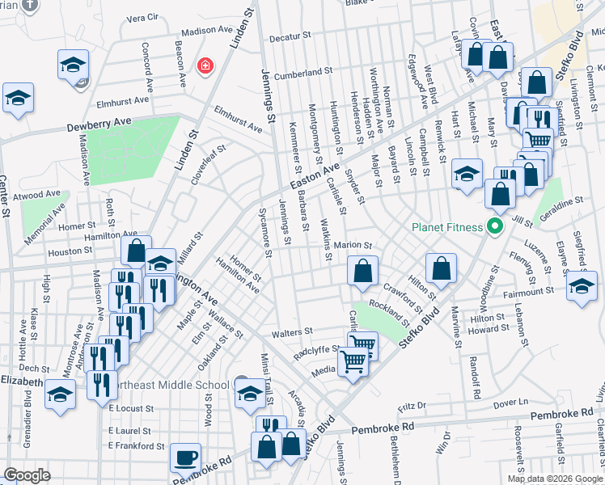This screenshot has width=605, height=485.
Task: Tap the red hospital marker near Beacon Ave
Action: tap(205, 65)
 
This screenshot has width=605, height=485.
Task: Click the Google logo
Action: tap(27, 475)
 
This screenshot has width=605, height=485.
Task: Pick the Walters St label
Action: tap(292, 331)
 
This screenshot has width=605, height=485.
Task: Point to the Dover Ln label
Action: tap(510, 401)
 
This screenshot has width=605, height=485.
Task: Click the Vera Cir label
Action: tap(142, 17)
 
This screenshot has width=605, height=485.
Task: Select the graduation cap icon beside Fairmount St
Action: tap(582, 286)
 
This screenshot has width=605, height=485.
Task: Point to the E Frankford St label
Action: tap(137, 445)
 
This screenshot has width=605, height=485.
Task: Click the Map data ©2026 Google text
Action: tap(555, 479)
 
